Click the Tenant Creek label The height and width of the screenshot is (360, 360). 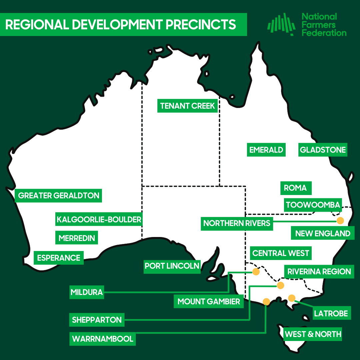(188, 106)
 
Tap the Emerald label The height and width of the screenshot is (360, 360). (266, 150)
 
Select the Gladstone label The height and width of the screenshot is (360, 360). (323, 150)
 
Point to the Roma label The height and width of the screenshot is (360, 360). (295, 188)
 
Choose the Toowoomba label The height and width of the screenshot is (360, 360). (313, 205)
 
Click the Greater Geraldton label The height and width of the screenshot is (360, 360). (59, 195)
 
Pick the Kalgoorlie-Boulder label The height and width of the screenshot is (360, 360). (99, 220)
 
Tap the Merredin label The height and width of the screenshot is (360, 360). (77, 238)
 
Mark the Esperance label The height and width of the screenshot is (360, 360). (59, 258)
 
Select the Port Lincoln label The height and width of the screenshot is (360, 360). (172, 266)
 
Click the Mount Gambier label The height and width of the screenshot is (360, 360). (209, 302)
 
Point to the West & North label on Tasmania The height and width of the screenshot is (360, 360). (313, 334)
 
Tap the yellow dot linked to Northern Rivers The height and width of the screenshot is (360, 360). (340, 220)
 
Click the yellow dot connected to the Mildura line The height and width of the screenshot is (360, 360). (256, 272)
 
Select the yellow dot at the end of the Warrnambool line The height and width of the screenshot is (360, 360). (266, 302)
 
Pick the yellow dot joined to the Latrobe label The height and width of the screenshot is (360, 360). (292, 298)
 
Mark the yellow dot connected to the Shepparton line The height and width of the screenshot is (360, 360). (280, 285)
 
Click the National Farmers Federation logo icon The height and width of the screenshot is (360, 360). (281, 24)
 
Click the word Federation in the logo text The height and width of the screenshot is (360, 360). (324, 33)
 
